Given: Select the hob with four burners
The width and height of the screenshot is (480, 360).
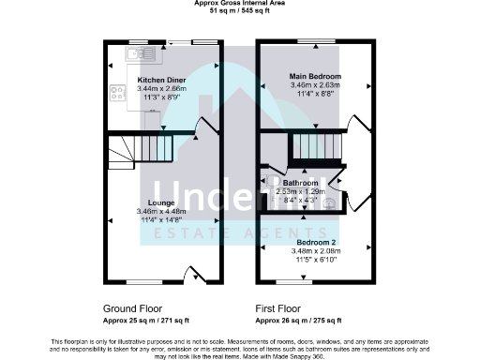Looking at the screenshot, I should [118, 93].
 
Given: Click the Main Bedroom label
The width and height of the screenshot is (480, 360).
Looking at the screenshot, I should [315, 76].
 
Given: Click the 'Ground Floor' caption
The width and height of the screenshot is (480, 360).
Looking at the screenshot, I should [131, 307].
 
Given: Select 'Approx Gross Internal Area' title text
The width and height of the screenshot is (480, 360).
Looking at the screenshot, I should [240, 4].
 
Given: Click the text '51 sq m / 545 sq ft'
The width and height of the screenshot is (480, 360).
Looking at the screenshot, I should [240, 11].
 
